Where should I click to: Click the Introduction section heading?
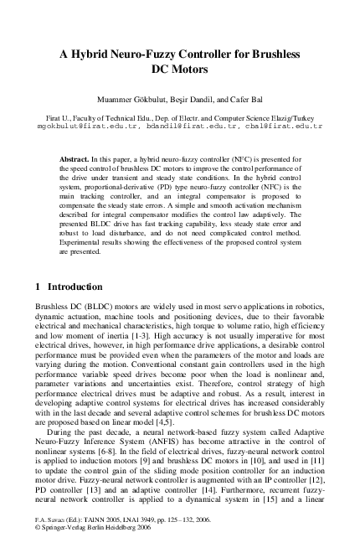click(x=75, y=287)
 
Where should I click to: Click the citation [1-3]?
click(x=178, y=337)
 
